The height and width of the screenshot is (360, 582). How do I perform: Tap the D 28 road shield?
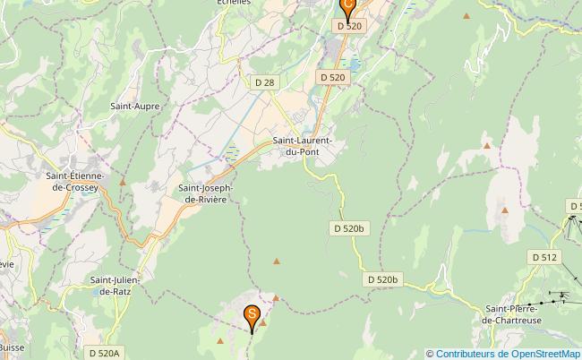(x=264, y=82)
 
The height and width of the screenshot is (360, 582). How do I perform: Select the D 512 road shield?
(x=544, y=257)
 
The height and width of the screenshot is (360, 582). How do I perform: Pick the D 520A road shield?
(x=104, y=353)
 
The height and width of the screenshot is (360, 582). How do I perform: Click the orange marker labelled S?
(x=252, y=315)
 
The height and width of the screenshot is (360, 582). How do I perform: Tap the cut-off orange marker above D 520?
(x=348, y=5)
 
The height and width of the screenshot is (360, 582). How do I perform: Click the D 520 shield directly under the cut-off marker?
(x=350, y=26)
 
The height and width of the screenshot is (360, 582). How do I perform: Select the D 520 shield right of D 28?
(x=332, y=78)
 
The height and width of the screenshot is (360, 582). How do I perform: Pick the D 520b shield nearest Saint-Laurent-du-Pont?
(x=350, y=228)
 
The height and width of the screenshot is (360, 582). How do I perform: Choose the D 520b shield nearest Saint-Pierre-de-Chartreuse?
(x=382, y=280)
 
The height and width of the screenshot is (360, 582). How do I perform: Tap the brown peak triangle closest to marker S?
(x=276, y=298)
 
